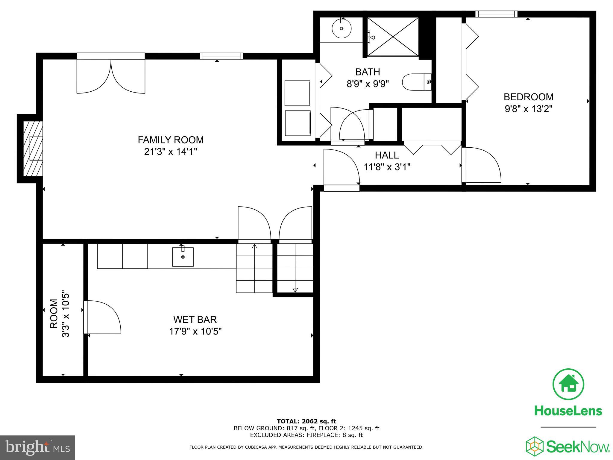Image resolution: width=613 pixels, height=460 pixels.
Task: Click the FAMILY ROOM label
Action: tap(171, 140)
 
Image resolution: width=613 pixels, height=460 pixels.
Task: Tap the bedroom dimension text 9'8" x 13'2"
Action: tap(528, 109)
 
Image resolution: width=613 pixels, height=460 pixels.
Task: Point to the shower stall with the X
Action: tap(392, 37)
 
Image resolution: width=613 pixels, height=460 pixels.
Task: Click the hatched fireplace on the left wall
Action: tap(33, 149)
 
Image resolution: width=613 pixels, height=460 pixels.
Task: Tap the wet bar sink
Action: tap(183, 257)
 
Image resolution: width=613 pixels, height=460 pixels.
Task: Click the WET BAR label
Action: tap(195, 320)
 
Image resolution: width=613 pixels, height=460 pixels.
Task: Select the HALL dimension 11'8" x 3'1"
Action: tap(387, 167)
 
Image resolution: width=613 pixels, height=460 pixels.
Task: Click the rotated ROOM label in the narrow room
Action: tap(54, 314)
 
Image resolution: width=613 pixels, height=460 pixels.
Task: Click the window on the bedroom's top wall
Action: tap(496, 14)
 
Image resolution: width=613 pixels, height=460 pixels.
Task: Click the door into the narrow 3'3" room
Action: tap(103, 317)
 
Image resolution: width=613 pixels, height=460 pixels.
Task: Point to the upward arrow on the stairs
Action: tap(254, 246)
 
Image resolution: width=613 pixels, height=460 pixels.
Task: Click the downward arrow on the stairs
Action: tap(295, 290)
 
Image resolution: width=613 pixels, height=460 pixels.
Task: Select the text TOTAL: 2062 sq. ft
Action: tap(306, 422)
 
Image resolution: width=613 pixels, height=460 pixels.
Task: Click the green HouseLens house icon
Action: tap(568, 384)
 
